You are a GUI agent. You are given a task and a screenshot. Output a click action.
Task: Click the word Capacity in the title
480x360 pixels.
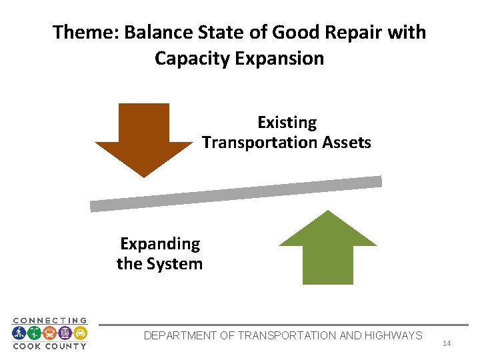point(192,59)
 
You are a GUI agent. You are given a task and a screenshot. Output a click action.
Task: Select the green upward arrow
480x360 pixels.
point(327,249)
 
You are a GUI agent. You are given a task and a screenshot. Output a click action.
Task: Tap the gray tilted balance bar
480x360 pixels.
point(236,194)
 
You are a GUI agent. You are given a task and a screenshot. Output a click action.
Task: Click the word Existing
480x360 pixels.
point(287,123)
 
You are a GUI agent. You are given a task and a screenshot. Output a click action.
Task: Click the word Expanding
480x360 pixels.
point(159,244)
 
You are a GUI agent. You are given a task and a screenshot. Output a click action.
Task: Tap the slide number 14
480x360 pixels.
point(447,343)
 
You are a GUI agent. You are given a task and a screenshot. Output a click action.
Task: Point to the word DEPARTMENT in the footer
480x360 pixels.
point(179,335)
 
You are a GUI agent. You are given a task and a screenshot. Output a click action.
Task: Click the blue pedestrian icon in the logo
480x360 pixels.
point(19,333)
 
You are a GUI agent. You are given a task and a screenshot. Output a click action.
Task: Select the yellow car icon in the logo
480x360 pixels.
point(80,333)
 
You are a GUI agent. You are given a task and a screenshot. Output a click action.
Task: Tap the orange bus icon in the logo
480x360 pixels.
point(49,333)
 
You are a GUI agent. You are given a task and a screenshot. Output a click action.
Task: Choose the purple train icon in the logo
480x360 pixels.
point(65,333)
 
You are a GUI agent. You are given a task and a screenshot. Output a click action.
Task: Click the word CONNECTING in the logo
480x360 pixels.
point(50,321)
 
